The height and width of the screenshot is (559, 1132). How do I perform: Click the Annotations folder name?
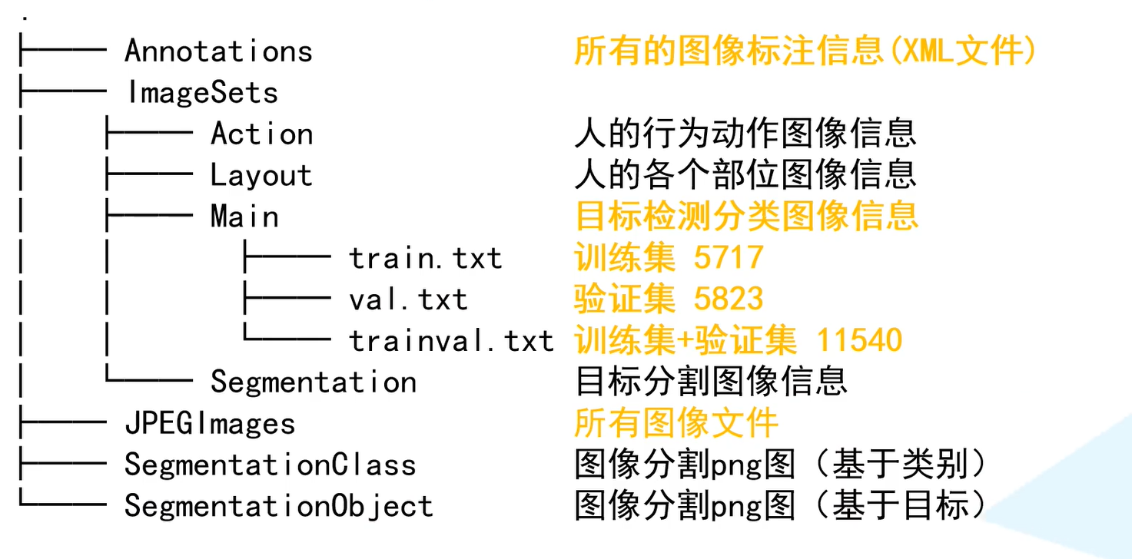218,51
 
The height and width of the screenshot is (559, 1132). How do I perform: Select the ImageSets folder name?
202,93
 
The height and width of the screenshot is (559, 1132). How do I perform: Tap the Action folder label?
261,134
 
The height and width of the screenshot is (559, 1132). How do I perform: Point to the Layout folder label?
261,176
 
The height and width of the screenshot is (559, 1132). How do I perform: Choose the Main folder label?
244,217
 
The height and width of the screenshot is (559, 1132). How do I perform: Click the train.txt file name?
426,259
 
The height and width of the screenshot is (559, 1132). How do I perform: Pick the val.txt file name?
408,299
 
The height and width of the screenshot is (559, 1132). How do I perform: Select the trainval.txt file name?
451,341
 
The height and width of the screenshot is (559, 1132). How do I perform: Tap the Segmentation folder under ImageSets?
314,382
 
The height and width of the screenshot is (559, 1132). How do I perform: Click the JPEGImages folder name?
210,424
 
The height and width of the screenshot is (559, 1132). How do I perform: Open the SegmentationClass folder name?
271,465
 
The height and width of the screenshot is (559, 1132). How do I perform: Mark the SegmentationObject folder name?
279,507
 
